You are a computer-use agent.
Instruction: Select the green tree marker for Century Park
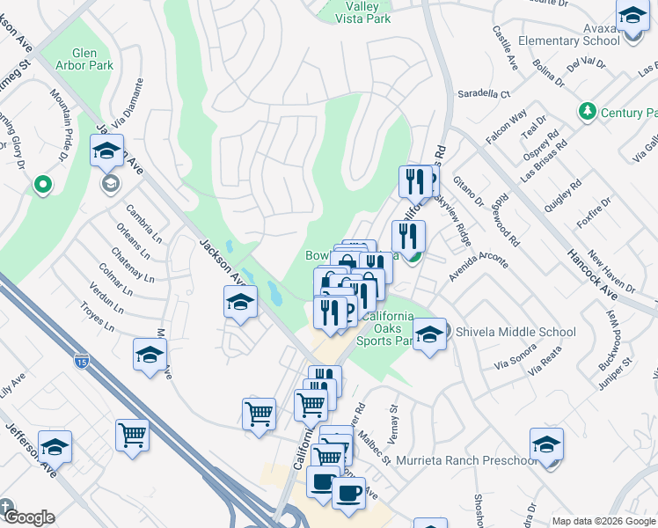click(x=587, y=112)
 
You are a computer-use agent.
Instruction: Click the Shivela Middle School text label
click(x=515, y=332)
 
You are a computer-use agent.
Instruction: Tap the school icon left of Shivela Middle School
click(x=429, y=335)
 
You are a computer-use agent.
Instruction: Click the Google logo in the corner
click(x=28, y=517)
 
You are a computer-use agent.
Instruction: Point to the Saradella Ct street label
click(x=482, y=93)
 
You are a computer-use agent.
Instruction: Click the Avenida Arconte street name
click(x=479, y=261)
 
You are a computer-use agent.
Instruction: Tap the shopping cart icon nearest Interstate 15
click(x=132, y=434)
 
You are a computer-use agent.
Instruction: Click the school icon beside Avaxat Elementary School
click(x=632, y=17)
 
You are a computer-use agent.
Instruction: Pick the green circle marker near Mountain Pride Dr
click(x=41, y=185)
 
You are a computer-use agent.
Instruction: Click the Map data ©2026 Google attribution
click(x=603, y=520)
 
